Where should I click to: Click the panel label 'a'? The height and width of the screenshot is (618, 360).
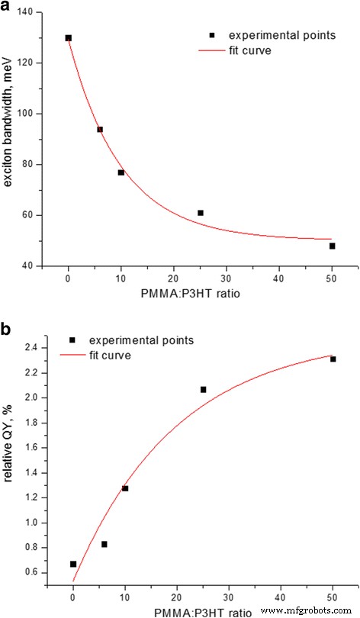tap(8, 8)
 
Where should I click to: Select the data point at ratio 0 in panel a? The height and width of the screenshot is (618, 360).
tap(69, 37)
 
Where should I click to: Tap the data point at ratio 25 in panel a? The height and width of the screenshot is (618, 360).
tap(201, 213)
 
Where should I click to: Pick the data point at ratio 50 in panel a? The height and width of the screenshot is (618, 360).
tap(333, 246)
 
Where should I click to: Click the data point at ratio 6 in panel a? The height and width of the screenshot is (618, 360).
tap(100, 130)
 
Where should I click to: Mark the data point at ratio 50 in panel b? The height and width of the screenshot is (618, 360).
tap(333, 359)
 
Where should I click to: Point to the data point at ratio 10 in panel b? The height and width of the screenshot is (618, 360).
tap(125, 488)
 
